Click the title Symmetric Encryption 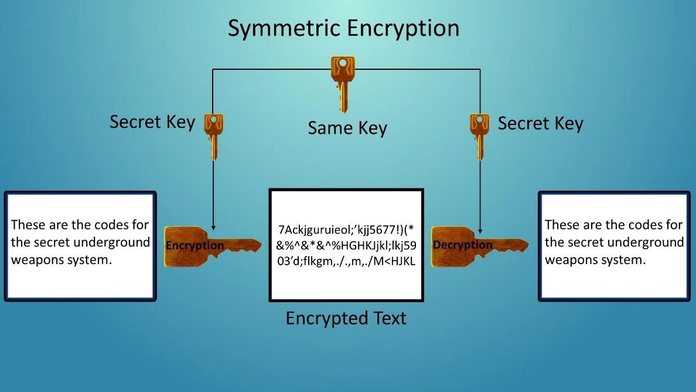tap(343, 28)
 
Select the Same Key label tap(347, 128)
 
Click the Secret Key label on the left tap(152, 122)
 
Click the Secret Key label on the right tap(540, 123)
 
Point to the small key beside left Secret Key tap(213, 135)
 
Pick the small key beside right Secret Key tap(479, 135)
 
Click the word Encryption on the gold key tap(195, 245)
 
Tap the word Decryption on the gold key tap(462, 245)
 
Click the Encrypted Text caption tap(346, 318)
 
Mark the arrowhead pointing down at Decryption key tap(480, 231)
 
